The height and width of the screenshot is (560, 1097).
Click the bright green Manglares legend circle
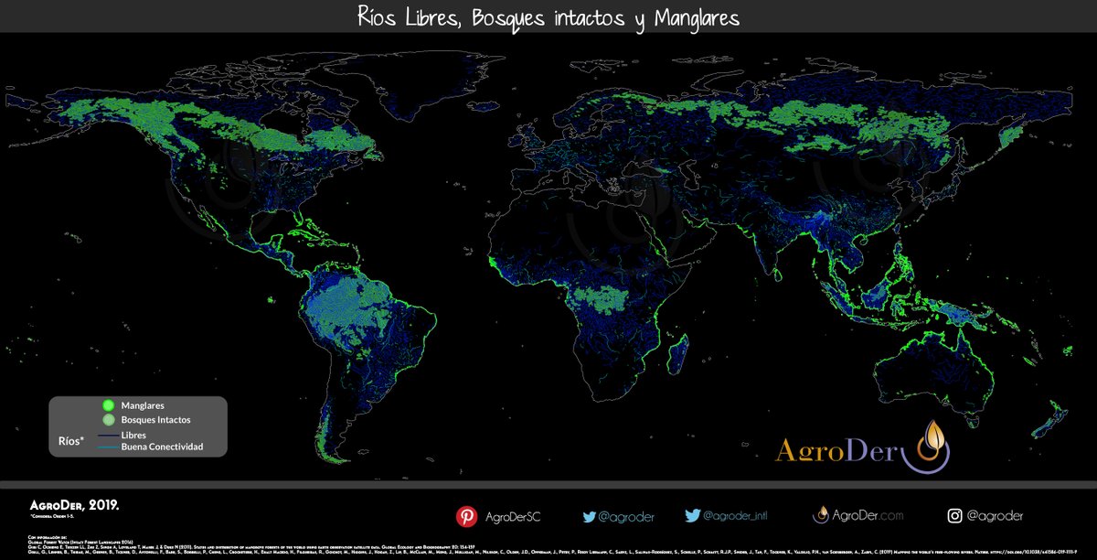108,405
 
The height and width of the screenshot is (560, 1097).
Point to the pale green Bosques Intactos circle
108,419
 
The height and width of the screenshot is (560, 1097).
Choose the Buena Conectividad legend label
162,447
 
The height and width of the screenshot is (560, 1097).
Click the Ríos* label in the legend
69,441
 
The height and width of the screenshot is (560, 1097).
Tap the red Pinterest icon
467,516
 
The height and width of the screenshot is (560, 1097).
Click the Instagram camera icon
955,516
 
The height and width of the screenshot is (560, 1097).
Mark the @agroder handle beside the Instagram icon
995,516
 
